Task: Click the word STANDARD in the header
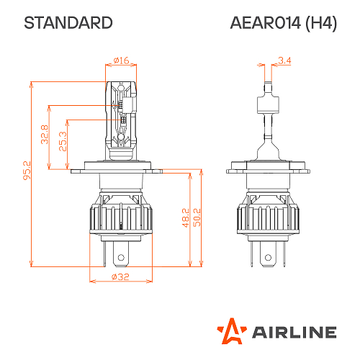68,23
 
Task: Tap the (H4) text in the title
320,23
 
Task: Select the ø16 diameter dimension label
121,60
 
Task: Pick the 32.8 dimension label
45,135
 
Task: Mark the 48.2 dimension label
184,218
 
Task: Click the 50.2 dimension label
196,218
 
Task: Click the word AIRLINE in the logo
294,332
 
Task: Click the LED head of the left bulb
121,115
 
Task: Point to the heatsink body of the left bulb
121,212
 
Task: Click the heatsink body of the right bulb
266,212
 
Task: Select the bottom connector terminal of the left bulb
121,256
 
